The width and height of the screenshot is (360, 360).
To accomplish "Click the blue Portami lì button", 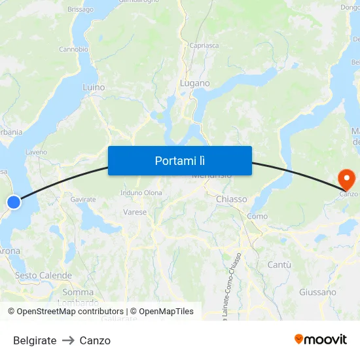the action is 180,160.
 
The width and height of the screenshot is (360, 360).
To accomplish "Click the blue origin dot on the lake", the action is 13,202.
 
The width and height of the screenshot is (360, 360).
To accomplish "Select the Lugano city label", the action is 195,83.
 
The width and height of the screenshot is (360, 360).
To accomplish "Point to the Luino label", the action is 94,86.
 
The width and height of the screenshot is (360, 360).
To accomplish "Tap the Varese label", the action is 135,212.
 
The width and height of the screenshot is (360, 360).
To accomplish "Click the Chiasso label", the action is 231,198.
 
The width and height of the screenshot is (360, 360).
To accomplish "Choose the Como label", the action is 257,216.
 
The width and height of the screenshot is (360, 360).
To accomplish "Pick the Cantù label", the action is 279,264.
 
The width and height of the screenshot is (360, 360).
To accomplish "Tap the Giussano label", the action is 317,292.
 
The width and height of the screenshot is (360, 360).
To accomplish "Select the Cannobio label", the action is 73,49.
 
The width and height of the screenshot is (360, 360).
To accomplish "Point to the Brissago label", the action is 81,10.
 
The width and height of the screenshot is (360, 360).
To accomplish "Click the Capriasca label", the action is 204,46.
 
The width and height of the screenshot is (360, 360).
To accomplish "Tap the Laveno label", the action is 36,152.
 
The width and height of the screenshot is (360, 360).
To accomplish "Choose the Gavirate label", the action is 83,199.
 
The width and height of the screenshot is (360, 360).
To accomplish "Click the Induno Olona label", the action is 141,192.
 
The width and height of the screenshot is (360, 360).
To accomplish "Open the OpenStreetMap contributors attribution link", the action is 65,312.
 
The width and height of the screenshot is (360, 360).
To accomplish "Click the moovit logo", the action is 320,339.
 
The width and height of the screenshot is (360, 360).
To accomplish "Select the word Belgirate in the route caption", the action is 35,340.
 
